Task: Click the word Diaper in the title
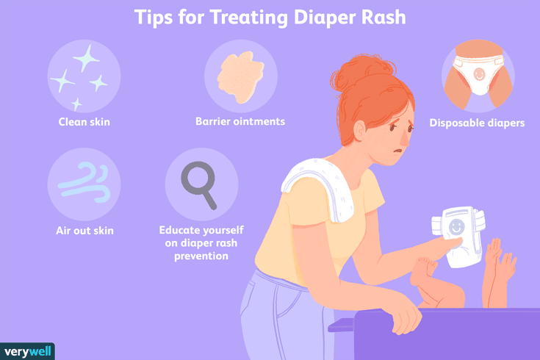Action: (325, 17)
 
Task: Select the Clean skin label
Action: (84, 122)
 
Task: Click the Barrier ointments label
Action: (240, 122)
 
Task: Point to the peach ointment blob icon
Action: (240, 77)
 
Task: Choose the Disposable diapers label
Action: (477, 123)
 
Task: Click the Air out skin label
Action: (84, 231)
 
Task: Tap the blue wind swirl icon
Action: (84, 183)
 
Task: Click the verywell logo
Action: (28, 351)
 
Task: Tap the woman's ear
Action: (359, 132)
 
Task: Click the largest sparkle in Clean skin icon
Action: (86, 59)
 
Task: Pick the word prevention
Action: (201, 256)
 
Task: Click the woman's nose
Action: (405, 139)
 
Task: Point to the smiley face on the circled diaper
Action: (479, 73)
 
